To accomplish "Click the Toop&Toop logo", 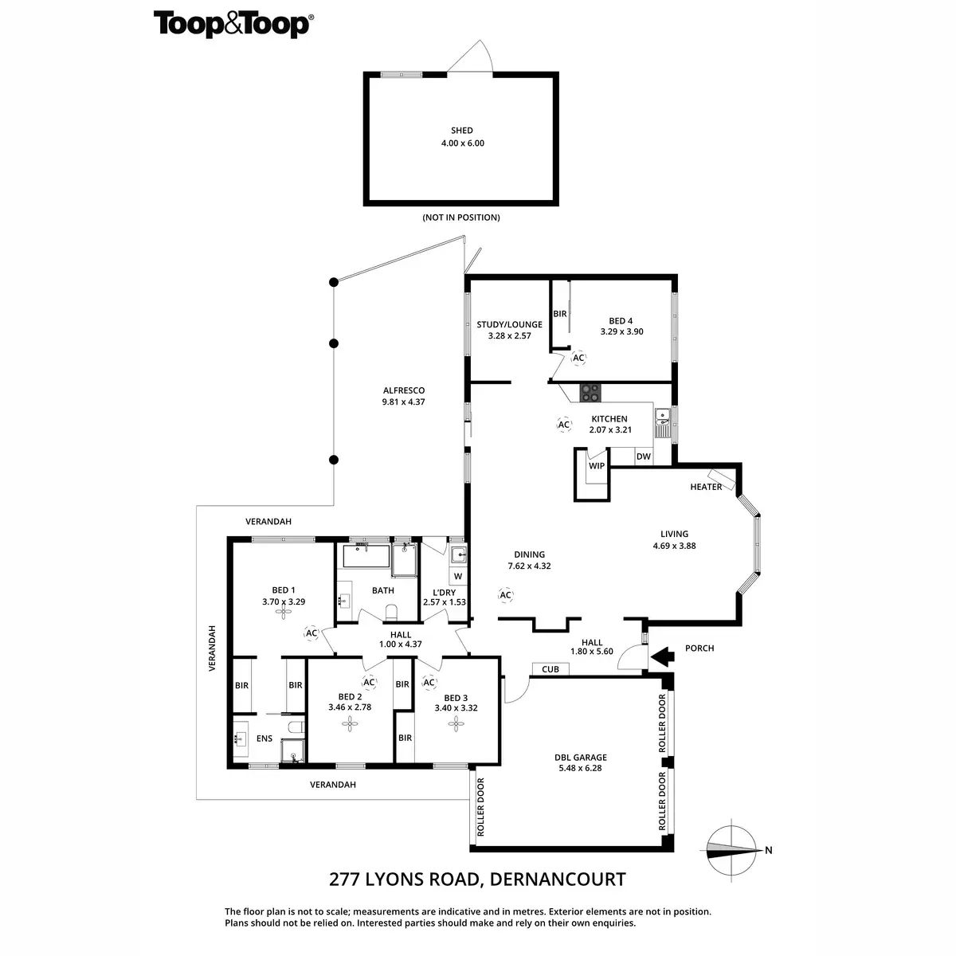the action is click(x=232, y=24).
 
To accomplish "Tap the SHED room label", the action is click(x=462, y=131).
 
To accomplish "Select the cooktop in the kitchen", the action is click(x=591, y=392).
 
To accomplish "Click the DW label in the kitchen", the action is click(x=643, y=456).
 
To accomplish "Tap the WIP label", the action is click(x=597, y=465).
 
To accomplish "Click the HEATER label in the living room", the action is click(x=706, y=487).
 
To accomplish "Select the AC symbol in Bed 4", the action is click(x=578, y=358).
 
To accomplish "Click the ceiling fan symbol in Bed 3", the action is click(x=456, y=723).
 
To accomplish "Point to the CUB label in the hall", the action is click(x=550, y=669).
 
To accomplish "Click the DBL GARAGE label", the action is click(x=581, y=758).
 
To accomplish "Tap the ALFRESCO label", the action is click(x=404, y=390).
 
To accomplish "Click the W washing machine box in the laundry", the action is click(x=458, y=576).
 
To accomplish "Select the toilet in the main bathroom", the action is click(x=390, y=612).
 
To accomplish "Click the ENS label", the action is click(x=264, y=739).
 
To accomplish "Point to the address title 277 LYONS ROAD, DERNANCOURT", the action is click(x=477, y=880).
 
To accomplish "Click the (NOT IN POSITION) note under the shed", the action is click(x=461, y=217).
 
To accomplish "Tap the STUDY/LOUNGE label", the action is click(x=509, y=324).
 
